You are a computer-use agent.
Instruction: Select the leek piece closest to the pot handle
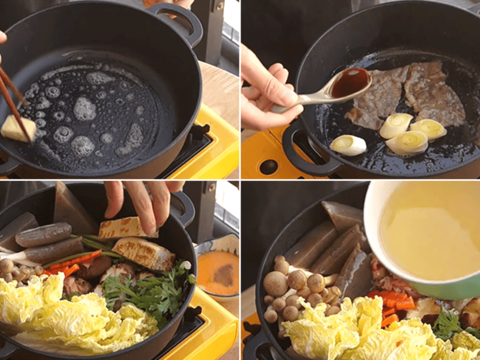[348, 145]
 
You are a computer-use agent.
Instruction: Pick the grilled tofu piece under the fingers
[127, 228]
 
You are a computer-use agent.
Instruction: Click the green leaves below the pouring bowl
[448, 323]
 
